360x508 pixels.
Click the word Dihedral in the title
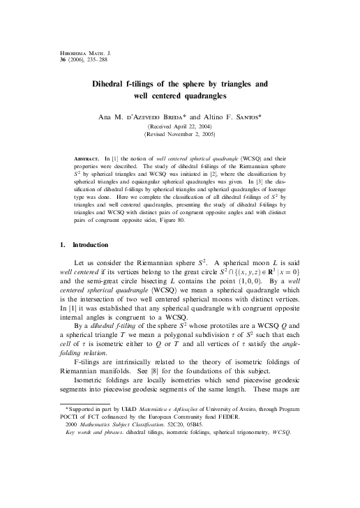(x=113, y=84)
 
